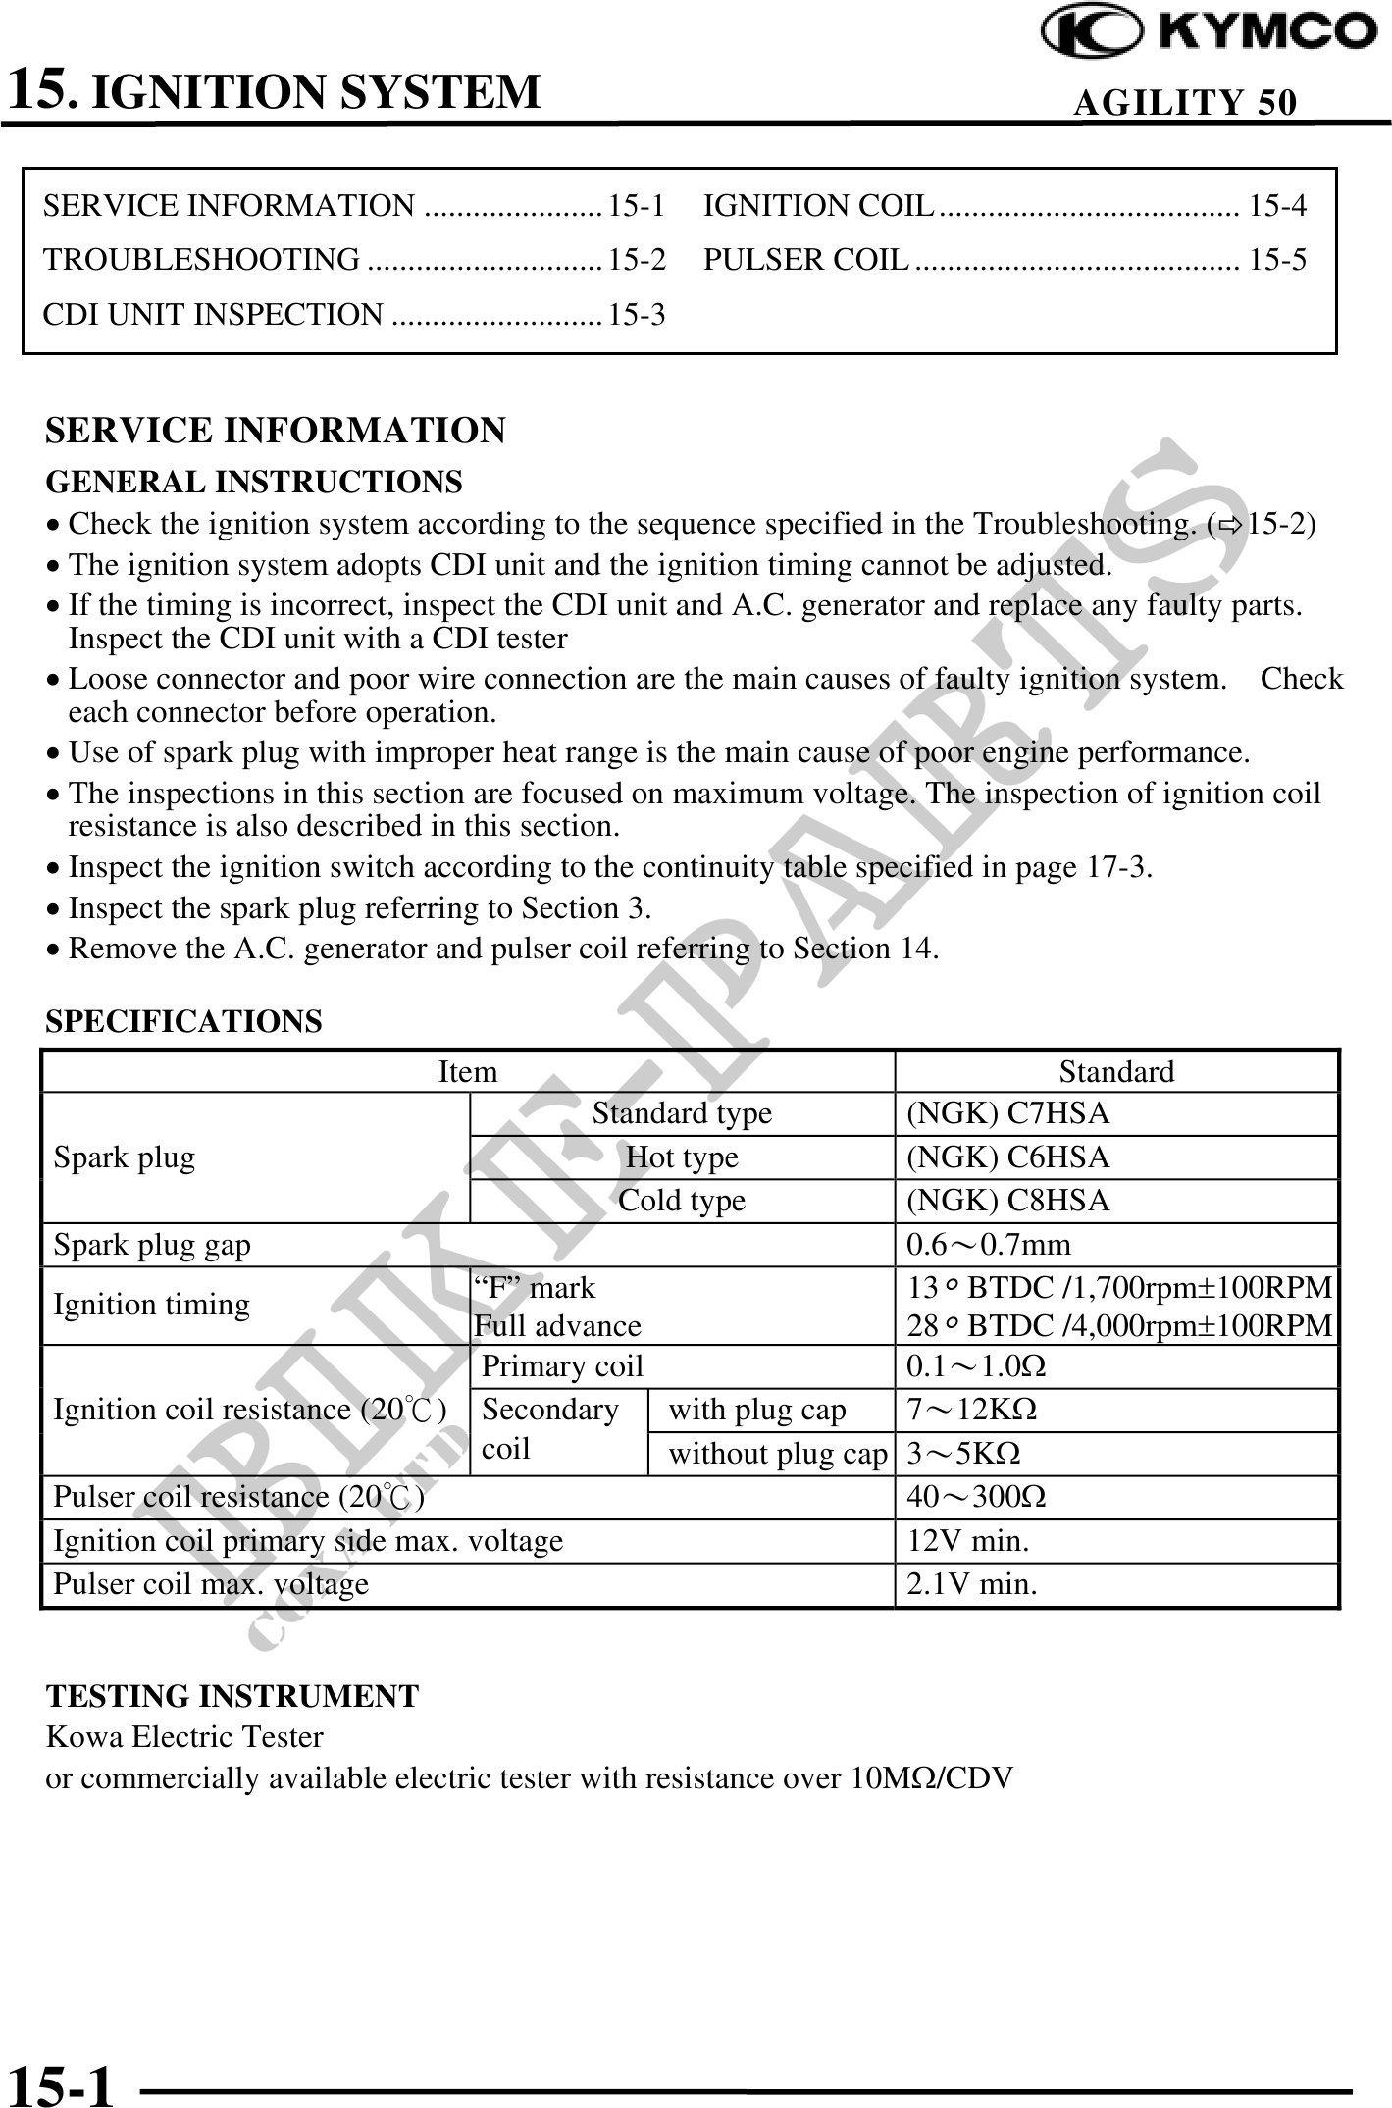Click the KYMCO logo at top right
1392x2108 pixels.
[x=1209, y=32]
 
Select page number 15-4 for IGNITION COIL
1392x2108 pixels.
[x=1277, y=206]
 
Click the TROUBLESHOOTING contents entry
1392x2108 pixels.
[x=202, y=260]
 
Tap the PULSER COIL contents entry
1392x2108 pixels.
[x=806, y=260]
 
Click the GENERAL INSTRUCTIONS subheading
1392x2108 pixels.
[x=254, y=483]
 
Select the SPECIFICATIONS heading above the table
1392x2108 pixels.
[x=183, y=1021]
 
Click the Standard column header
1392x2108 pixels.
[x=1116, y=1071]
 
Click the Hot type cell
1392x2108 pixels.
[x=682, y=1157]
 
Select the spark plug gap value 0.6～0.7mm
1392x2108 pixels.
[x=989, y=1245]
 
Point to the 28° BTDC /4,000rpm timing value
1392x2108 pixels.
[x=1119, y=1326]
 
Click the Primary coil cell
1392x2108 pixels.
[x=562, y=1366]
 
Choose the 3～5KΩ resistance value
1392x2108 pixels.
[x=963, y=1453]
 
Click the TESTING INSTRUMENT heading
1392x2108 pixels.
[x=232, y=1696]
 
